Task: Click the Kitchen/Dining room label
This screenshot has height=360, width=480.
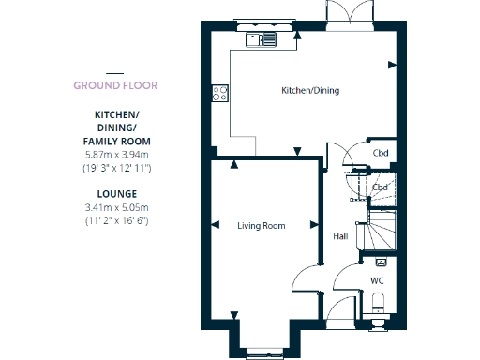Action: tap(310, 91)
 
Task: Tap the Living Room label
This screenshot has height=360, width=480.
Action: tap(261, 226)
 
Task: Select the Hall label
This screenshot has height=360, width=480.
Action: tap(341, 236)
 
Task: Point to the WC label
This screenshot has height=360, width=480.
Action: tap(377, 280)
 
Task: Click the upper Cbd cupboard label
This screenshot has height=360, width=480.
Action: tap(381, 154)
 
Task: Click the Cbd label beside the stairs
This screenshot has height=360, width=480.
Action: tap(381, 187)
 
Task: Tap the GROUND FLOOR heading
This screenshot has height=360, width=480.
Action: tap(115, 85)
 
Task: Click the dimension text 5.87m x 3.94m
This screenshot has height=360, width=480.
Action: tap(116, 154)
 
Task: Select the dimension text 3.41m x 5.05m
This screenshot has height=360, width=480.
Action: tap(116, 207)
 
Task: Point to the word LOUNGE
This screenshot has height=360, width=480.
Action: tap(116, 194)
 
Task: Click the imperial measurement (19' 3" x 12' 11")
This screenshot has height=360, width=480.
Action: tap(116, 167)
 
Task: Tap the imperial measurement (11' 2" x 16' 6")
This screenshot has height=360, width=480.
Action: tap(116, 220)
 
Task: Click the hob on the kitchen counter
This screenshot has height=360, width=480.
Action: tap(221, 93)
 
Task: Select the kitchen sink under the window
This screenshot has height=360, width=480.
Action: tap(262, 39)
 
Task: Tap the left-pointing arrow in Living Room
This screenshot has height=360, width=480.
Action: tap(216, 225)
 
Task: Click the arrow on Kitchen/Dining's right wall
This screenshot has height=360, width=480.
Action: tap(391, 64)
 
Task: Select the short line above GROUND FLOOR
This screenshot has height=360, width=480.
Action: tap(114, 72)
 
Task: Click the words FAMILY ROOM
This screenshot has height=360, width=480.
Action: tap(116, 141)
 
